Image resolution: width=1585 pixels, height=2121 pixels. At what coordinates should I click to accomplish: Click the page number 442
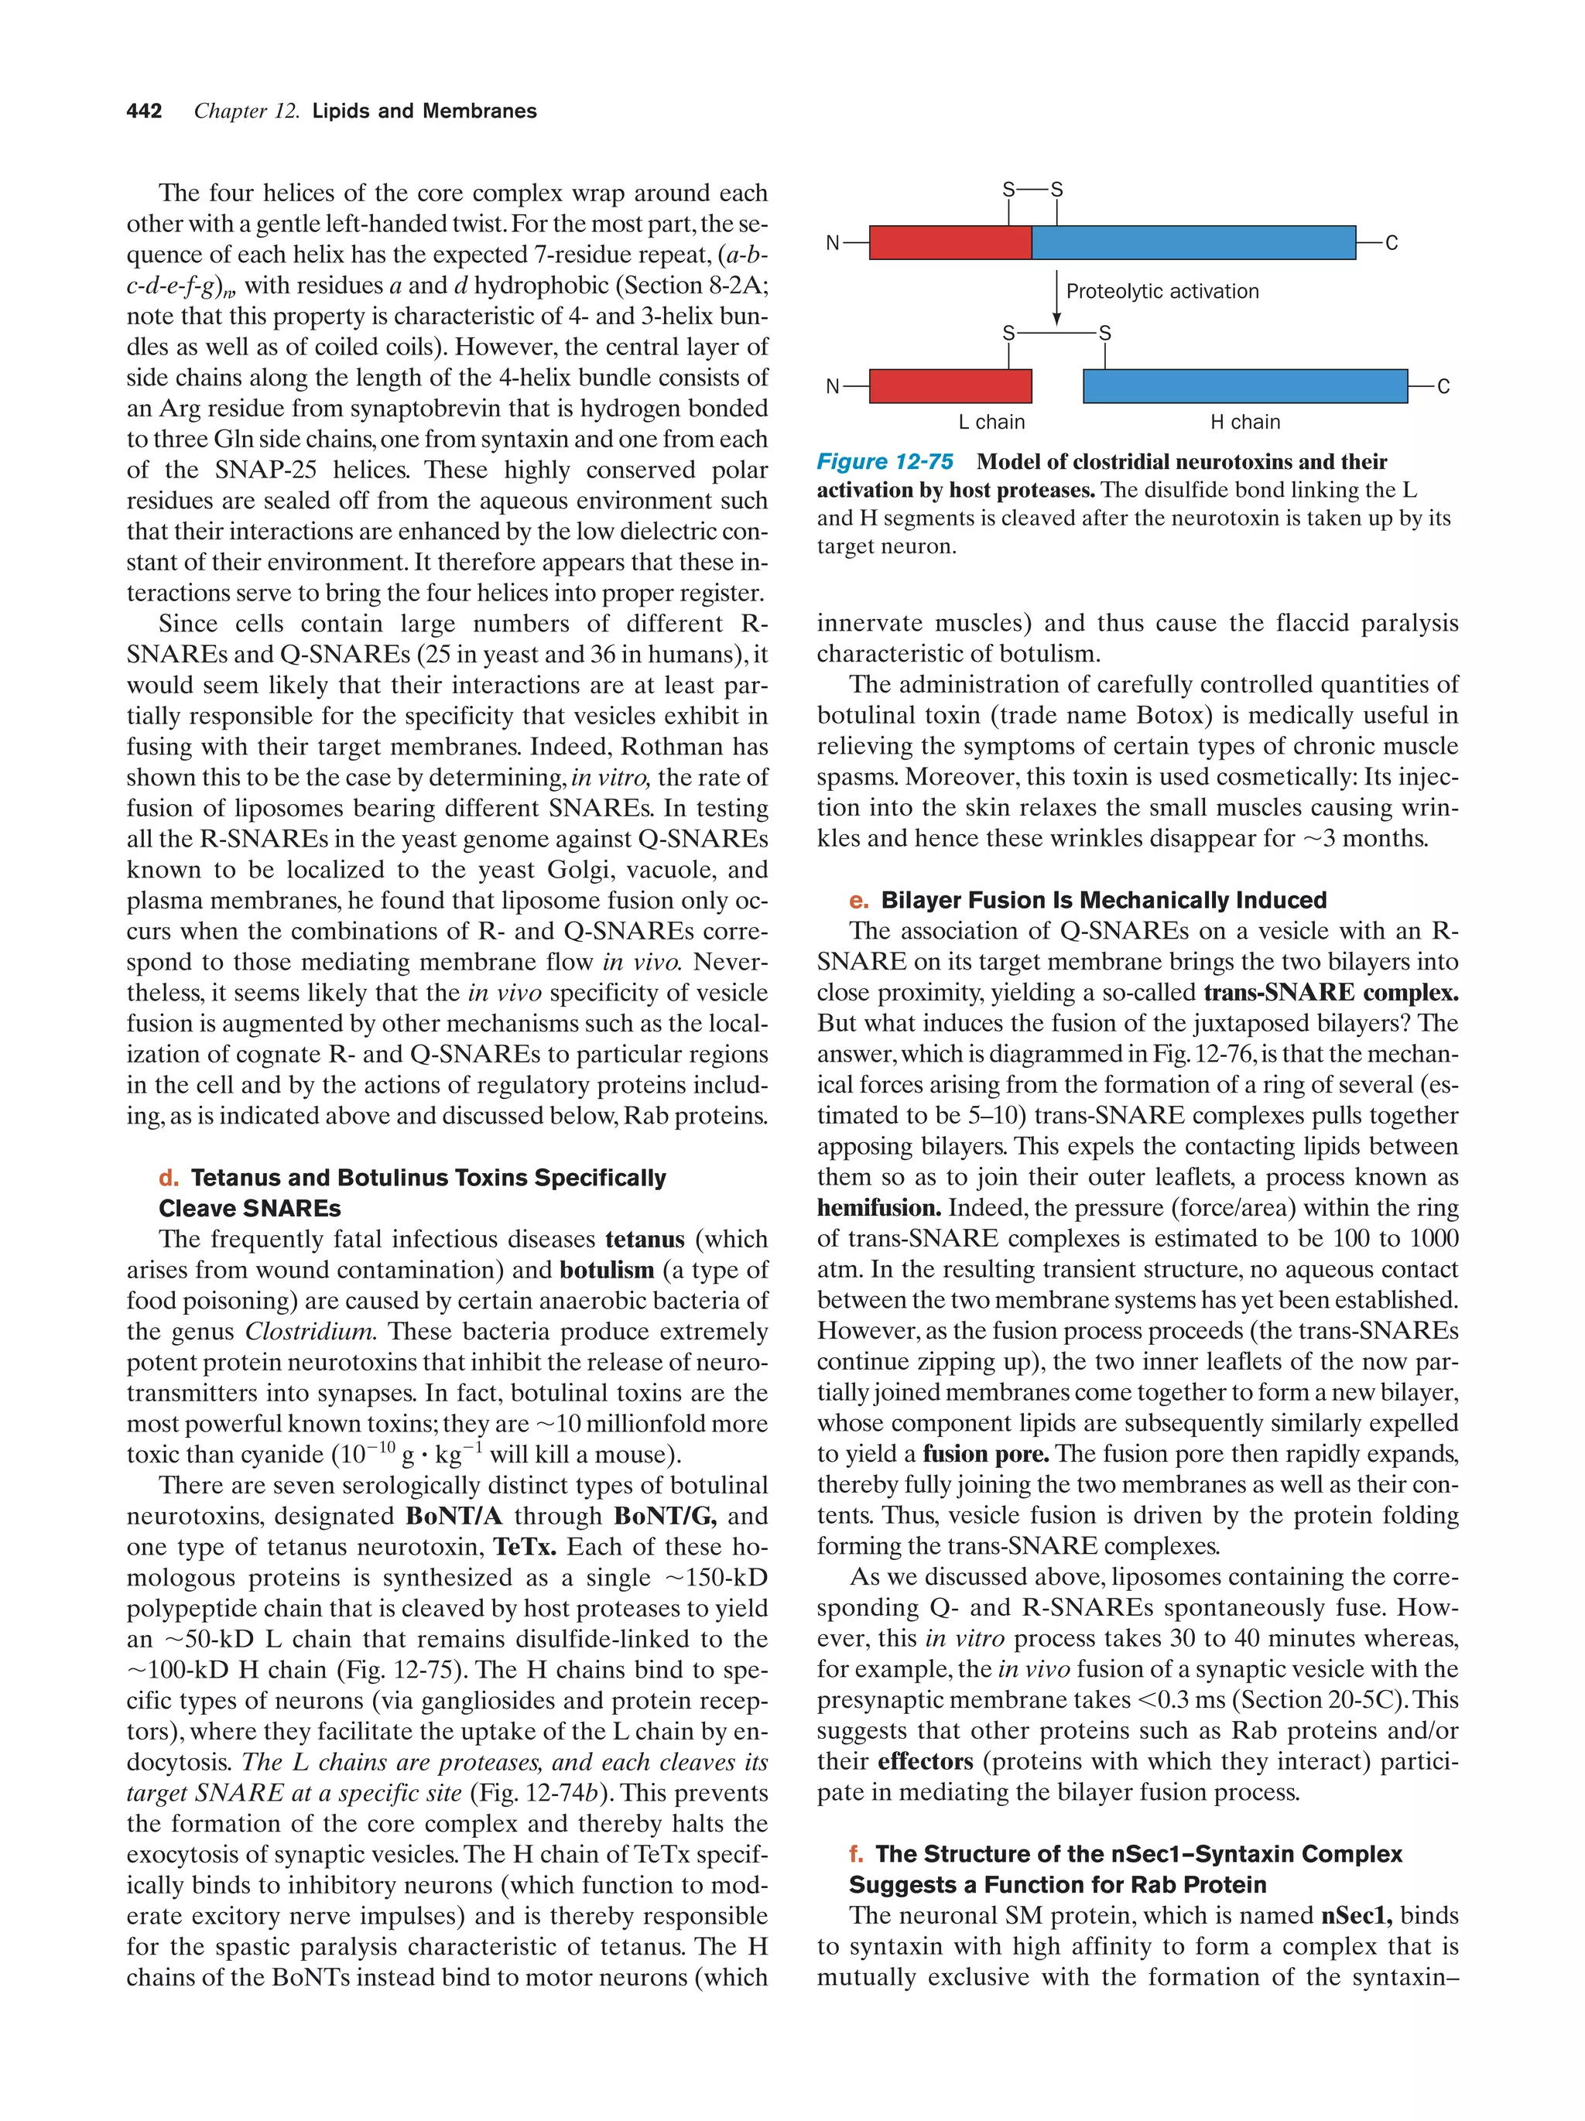tap(144, 111)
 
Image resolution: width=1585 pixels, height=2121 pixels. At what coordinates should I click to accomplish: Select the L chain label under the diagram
tap(991, 422)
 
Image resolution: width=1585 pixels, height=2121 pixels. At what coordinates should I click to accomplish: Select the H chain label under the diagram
tap(1244, 422)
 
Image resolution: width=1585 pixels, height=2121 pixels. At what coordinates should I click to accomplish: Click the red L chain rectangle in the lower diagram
tap(950, 386)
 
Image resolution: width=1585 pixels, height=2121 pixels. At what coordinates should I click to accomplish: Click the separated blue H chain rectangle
tap(1244, 386)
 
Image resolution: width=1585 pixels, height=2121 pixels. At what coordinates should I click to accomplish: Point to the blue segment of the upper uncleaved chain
tap(1193, 243)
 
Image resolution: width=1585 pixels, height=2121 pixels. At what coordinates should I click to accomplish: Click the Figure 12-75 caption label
tap(884, 462)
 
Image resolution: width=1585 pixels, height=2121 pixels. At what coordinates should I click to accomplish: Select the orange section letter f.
tap(855, 1855)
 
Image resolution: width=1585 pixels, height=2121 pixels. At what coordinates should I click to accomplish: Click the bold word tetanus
tap(645, 1240)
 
